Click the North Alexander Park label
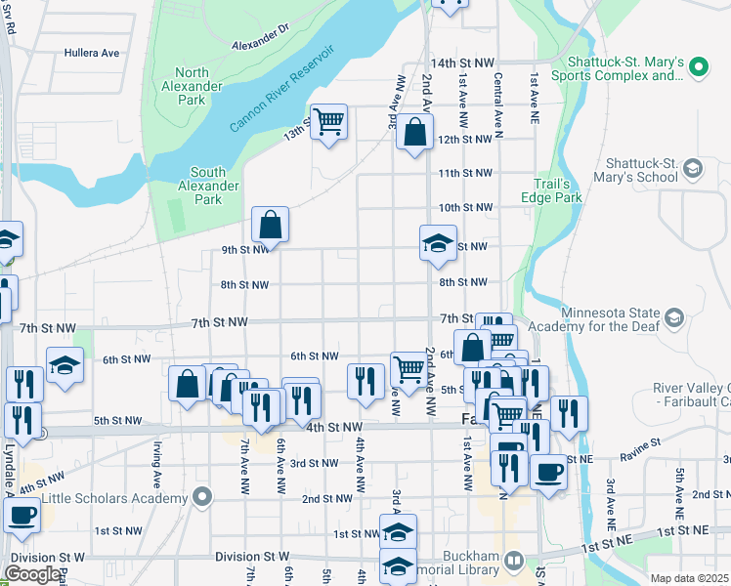point(205,86)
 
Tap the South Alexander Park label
point(207,186)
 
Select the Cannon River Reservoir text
point(282,89)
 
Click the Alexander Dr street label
point(261,44)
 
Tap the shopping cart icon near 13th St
point(329,122)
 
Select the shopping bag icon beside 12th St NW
point(414,133)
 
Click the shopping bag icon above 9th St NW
point(270,225)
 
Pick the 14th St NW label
point(459,62)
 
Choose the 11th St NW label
point(463,173)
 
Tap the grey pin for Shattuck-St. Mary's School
point(693,169)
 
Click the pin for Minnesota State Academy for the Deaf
point(673,316)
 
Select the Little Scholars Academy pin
point(202,497)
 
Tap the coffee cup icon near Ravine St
point(548,472)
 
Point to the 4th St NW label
point(334,428)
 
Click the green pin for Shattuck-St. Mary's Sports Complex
point(698,67)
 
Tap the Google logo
point(33,574)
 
